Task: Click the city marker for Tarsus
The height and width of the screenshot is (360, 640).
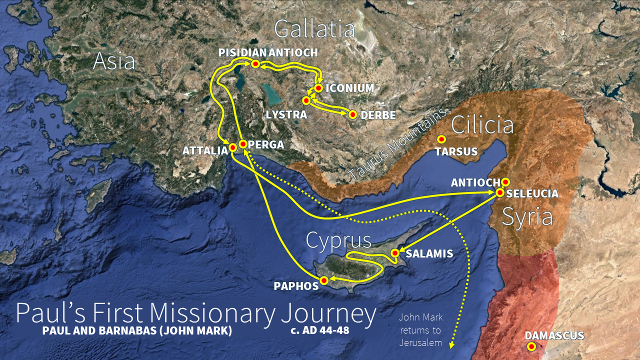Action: [x=441, y=139]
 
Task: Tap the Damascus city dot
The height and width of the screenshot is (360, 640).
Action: [x=531, y=346]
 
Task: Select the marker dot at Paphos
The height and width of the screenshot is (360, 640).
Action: [x=323, y=280]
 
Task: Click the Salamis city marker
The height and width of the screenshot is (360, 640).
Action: [x=395, y=253]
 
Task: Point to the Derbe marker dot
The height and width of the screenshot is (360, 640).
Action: [x=352, y=114]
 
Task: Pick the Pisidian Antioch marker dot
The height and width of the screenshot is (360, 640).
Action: [x=255, y=64]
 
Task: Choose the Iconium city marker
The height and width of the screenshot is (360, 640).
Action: [x=318, y=88]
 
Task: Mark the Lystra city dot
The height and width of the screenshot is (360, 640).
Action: [x=306, y=100]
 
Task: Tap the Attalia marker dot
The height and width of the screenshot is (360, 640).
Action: [x=232, y=147]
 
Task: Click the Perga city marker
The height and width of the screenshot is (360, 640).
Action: [x=243, y=144]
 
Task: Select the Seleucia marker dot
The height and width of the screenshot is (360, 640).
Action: [x=500, y=192]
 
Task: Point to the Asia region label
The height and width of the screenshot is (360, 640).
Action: [x=114, y=61]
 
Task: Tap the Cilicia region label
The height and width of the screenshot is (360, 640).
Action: [x=482, y=125]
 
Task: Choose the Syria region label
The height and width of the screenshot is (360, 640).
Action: [x=527, y=217]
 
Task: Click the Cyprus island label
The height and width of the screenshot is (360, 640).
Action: [x=338, y=240]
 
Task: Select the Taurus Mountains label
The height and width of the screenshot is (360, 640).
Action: [x=397, y=144]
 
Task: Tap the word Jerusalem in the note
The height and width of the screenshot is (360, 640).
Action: [x=421, y=343]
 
